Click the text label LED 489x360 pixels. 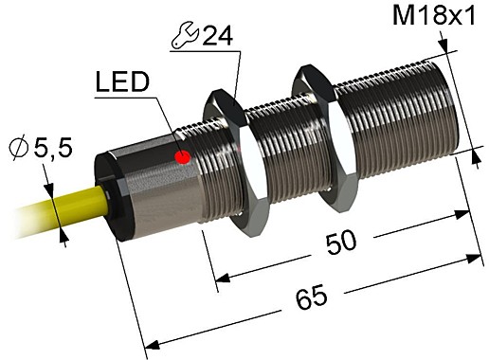[122, 84]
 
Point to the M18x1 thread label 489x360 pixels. [436, 17]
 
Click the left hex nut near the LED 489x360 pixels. [227, 152]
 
